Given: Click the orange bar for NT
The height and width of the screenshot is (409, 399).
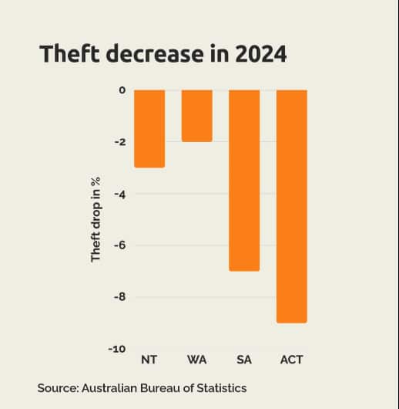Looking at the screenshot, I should click(x=149, y=128).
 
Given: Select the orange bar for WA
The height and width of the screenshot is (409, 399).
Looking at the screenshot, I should click(x=197, y=116).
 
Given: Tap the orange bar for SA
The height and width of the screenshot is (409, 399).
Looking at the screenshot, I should click(x=244, y=180).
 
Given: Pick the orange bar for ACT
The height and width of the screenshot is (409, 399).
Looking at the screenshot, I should click(x=292, y=206).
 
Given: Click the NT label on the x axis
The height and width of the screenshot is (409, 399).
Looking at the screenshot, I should click(x=149, y=360).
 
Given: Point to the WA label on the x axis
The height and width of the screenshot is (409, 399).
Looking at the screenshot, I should click(x=196, y=360).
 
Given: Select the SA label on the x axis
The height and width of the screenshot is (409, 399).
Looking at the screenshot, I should click(x=244, y=360).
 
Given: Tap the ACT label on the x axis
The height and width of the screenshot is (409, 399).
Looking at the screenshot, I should click(x=292, y=360).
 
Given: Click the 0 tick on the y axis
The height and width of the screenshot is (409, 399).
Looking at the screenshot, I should click(x=122, y=90).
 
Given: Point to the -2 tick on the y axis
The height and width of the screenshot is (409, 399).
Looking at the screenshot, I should click(x=119, y=142).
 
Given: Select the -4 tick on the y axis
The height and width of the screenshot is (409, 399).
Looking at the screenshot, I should click(x=119, y=194).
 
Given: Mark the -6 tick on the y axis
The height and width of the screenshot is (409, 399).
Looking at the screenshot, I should click(x=119, y=245).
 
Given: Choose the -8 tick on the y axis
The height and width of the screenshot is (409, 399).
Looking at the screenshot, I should click(x=119, y=297).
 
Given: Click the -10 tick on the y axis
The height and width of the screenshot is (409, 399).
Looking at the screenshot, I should click(x=117, y=349).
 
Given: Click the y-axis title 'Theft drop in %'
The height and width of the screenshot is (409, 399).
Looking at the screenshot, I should click(x=96, y=219).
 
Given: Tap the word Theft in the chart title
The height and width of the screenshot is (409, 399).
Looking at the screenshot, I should click(x=68, y=55).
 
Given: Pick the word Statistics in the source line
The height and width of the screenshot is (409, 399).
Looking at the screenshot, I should click(x=222, y=387).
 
